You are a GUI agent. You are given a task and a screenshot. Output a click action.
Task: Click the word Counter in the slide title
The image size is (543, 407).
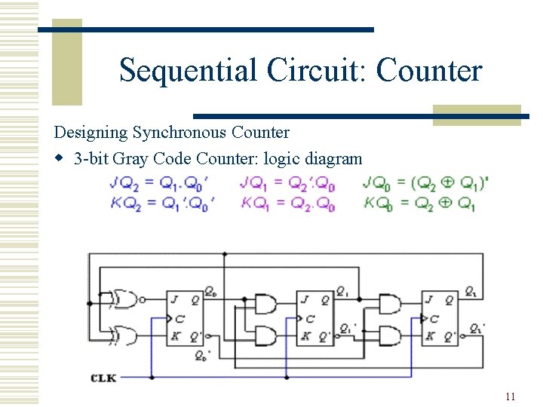click(x=428, y=70)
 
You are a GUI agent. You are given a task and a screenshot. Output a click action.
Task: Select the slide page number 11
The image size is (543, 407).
click(x=511, y=396)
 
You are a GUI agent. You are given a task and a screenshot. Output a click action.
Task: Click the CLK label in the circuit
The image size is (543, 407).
click(x=104, y=377)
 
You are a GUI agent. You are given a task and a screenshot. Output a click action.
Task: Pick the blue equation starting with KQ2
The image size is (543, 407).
click(x=161, y=203)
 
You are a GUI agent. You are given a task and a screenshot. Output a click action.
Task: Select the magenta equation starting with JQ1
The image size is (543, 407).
click(x=287, y=183)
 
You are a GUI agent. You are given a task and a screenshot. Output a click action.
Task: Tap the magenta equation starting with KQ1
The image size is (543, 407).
click(x=287, y=203)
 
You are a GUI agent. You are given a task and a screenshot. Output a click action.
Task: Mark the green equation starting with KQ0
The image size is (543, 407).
click(x=419, y=203)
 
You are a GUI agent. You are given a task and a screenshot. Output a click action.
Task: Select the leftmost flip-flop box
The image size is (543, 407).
click(x=185, y=317)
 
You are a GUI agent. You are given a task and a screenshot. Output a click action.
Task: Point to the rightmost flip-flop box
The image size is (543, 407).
click(x=440, y=317)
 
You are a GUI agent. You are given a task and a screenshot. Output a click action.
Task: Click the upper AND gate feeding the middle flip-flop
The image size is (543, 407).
click(x=265, y=304)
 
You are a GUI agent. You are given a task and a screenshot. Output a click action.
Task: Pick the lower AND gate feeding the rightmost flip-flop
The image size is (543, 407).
click(x=389, y=334)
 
